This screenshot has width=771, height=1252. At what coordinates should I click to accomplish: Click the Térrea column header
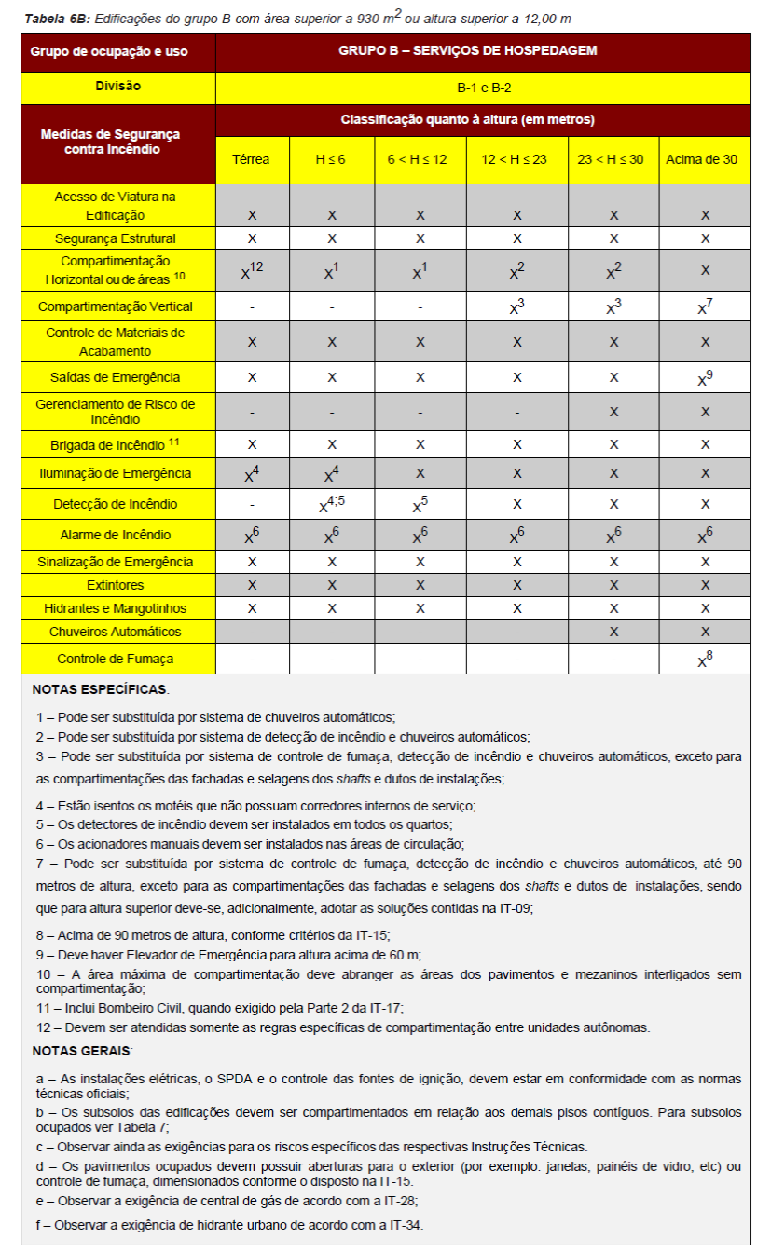(252, 159)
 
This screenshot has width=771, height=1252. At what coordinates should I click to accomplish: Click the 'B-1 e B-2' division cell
(483, 88)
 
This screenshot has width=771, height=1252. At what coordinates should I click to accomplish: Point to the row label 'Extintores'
(118, 585)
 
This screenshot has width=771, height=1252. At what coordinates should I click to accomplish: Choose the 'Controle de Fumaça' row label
(118, 659)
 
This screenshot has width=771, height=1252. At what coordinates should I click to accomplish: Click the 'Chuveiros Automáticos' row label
(118, 632)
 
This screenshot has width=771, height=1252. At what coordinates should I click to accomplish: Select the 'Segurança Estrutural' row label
(118, 238)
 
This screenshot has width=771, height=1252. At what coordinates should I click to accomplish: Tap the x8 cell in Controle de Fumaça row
(706, 660)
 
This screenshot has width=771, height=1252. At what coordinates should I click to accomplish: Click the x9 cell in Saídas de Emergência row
(706, 378)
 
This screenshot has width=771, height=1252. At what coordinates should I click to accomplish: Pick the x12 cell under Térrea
(252, 271)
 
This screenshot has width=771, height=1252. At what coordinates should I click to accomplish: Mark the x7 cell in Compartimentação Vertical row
(706, 306)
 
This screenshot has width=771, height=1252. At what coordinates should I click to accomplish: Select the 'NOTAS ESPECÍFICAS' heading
(100, 690)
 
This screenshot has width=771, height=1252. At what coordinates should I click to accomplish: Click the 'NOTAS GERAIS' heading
(82, 1051)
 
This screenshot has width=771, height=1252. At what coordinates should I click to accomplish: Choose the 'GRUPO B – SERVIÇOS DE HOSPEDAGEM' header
(483, 50)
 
